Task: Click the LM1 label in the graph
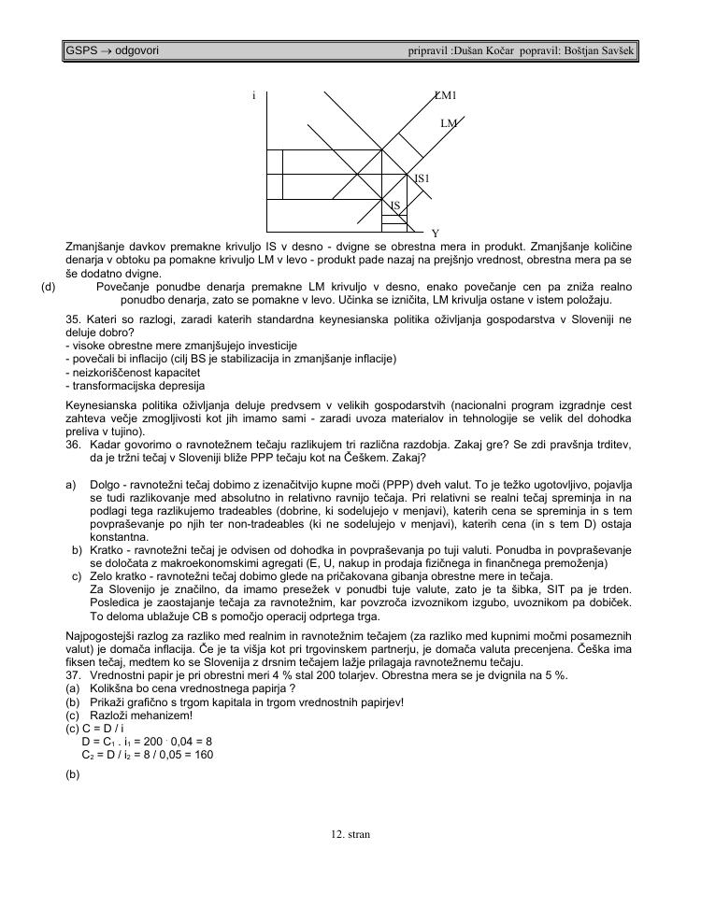(445, 95)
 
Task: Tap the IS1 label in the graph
(422, 177)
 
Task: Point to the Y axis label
(435, 233)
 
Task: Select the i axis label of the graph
(253, 95)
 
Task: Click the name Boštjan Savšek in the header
(598, 49)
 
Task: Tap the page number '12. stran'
(350, 834)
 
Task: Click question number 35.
(73, 319)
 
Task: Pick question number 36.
(73, 446)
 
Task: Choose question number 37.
(73, 675)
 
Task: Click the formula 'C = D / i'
(102, 729)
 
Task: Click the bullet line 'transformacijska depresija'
(136, 386)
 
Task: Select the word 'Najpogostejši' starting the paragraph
(99, 635)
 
